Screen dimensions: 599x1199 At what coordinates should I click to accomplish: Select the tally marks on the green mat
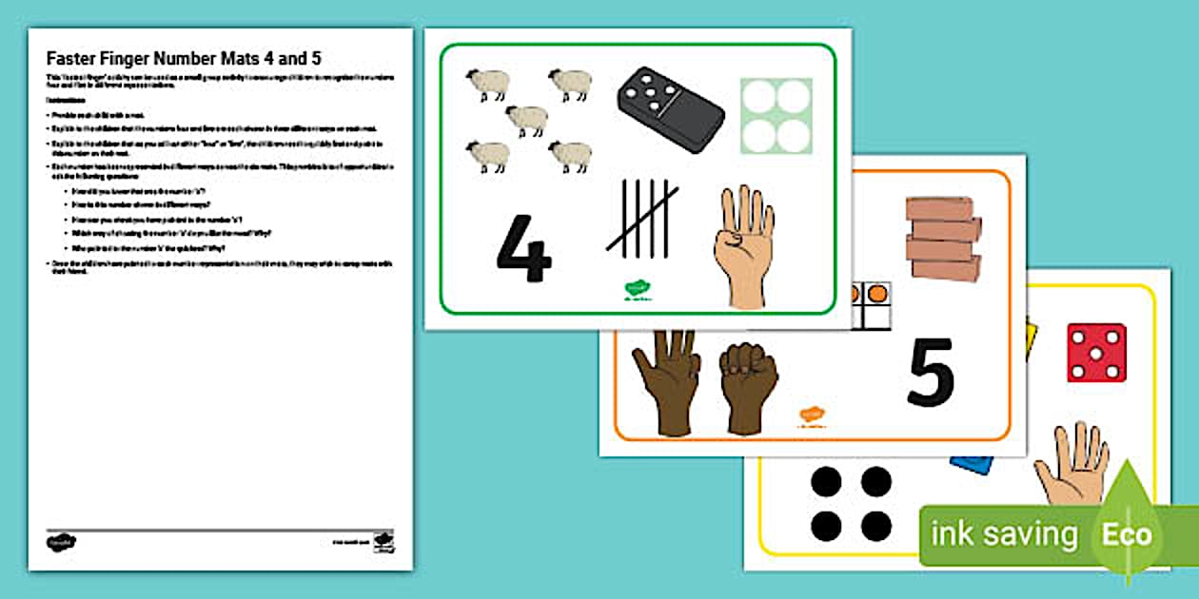[643, 219]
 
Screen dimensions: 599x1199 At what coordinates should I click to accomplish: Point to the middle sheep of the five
[526, 120]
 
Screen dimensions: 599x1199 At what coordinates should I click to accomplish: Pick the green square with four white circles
[776, 116]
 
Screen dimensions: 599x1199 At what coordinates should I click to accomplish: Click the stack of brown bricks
[943, 239]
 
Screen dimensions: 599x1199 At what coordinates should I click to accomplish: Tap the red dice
[1096, 352]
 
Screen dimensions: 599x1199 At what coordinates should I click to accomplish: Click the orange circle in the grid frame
[879, 292]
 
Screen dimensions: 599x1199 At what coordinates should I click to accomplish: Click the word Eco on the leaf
[1127, 534]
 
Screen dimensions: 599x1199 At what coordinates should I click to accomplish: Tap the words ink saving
[1004, 534]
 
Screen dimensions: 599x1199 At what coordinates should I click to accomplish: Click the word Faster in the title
[74, 59]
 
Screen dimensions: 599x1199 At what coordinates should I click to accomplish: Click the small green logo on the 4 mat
[636, 289]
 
